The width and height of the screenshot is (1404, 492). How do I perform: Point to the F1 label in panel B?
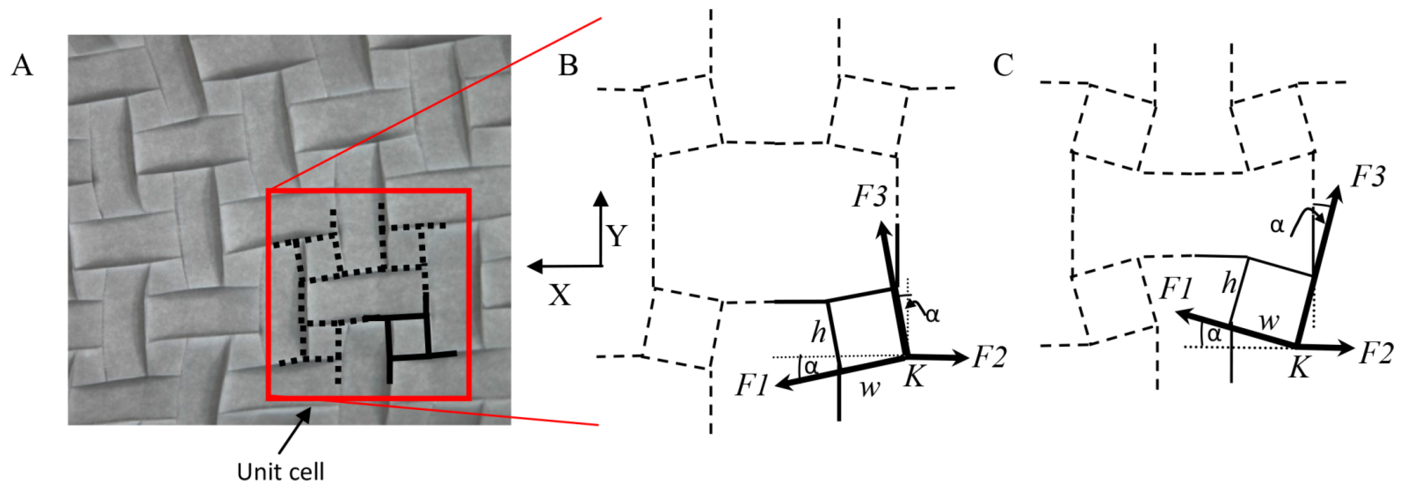pyautogui.click(x=752, y=385)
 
